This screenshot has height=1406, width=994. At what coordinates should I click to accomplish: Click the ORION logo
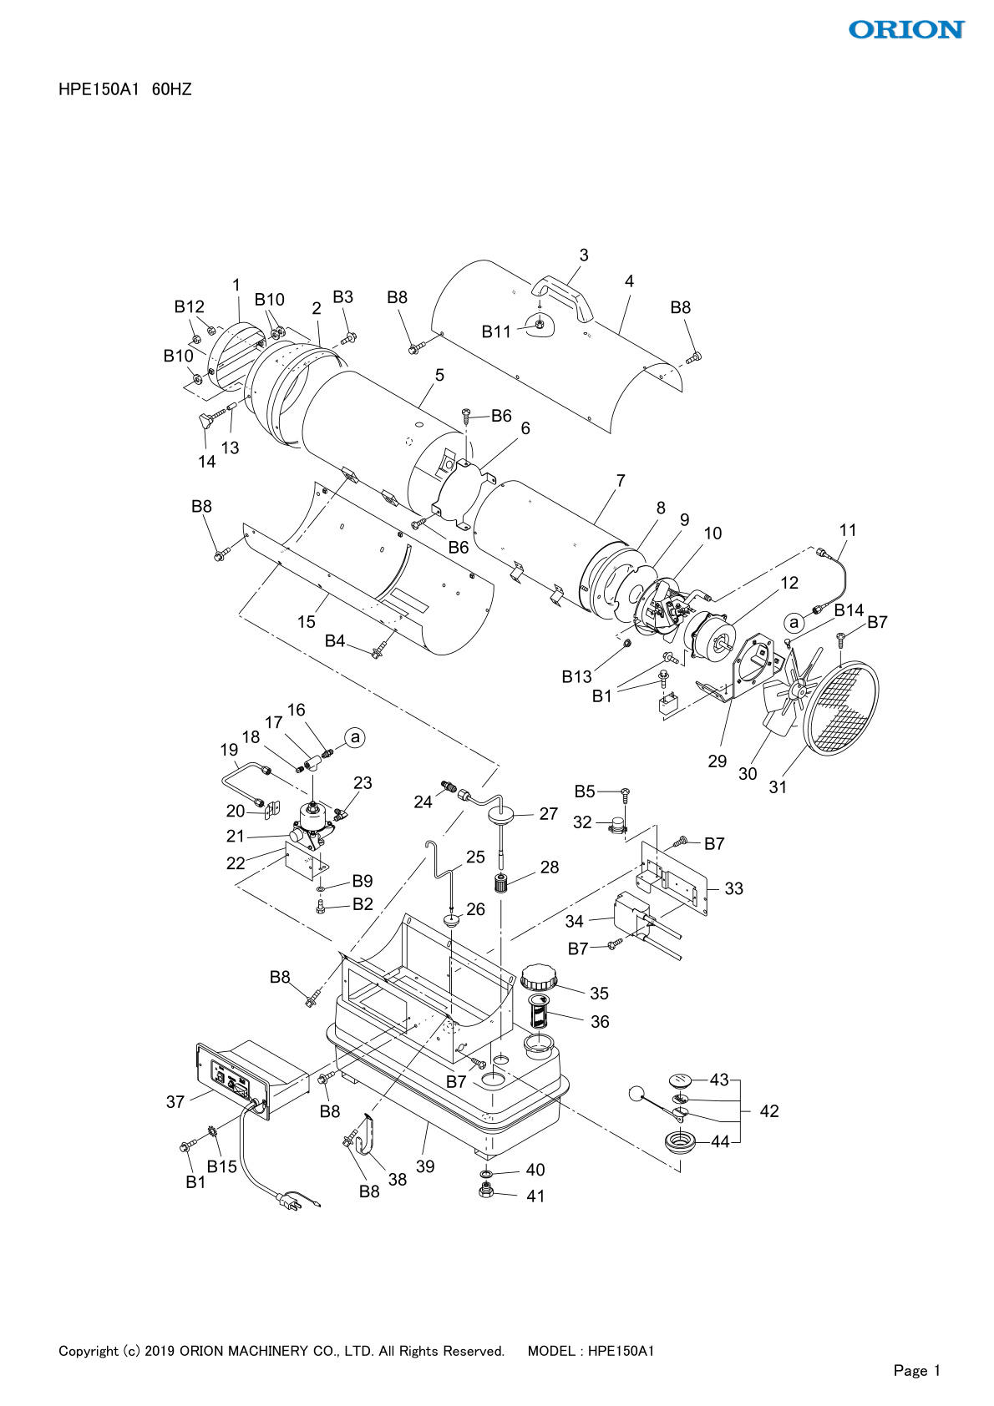[905, 30]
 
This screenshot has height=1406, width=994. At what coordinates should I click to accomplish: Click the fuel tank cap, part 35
[538, 977]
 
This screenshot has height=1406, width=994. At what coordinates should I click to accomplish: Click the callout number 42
[768, 1111]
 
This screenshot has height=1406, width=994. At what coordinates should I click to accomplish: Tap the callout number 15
[307, 621]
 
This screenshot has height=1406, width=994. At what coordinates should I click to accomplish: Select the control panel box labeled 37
[242, 1080]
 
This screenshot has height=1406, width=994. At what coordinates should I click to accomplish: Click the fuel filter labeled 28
[502, 883]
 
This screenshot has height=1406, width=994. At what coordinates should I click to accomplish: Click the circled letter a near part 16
[356, 737]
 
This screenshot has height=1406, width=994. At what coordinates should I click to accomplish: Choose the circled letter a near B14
[794, 622]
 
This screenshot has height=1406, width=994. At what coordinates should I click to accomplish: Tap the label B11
[496, 331]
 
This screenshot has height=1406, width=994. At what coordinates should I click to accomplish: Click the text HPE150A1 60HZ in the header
[125, 89]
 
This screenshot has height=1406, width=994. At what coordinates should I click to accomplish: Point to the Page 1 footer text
[916, 1370]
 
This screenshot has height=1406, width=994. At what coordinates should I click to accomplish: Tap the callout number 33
[733, 888]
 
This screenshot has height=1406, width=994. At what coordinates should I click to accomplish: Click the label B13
[576, 676]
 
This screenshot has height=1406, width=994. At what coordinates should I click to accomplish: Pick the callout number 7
[621, 481]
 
